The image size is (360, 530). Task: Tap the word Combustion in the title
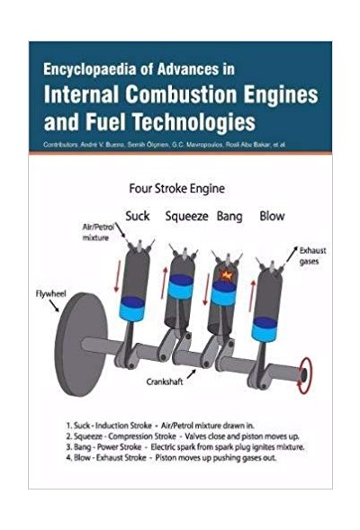pyautogui.click(x=181, y=94)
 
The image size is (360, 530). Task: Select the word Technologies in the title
pyautogui.click(x=193, y=121)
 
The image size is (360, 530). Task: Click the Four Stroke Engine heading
pyautogui.click(x=176, y=188)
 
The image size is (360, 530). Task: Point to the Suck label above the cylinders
pyautogui.click(x=138, y=216)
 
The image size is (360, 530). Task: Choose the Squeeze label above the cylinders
pyautogui.click(x=186, y=216)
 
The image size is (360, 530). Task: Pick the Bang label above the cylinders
pyautogui.click(x=229, y=216)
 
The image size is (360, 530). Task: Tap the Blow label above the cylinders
pyautogui.click(x=272, y=216)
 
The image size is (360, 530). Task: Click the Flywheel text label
pyautogui.click(x=51, y=293)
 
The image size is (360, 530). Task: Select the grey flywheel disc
pyautogui.click(x=80, y=344)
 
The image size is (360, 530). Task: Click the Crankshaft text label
pyautogui.click(x=165, y=382)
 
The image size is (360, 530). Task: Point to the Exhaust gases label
pyautogui.click(x=312, y=256)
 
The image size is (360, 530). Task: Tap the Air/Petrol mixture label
pyautogui.click(x=97, y=232)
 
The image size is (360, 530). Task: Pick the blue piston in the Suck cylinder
pyautogui.click(x=132, y=309)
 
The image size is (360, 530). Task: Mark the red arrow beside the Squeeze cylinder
pyautogui.click(x=165, y=283)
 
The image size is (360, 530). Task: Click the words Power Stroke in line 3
pyautogui.click(x=120, y=447)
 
